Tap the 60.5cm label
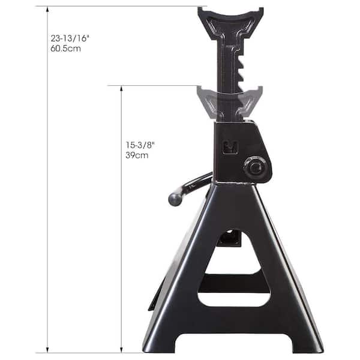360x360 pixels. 66,47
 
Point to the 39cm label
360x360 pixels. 137,155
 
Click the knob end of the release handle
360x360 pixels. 175,198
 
